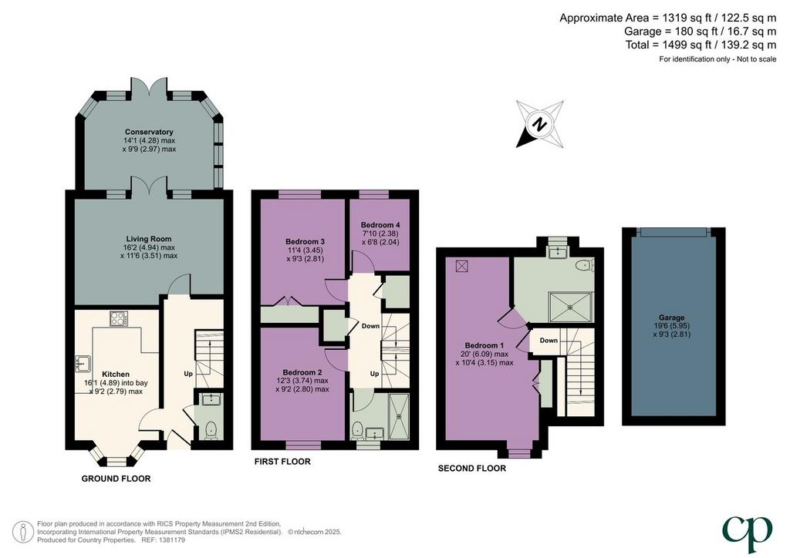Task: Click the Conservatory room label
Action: click(149, 132)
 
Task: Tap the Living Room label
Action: click(149, 239)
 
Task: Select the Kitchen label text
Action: click(116, 375)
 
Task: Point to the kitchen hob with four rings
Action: click(119, 318)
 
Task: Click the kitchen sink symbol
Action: click(82, 362)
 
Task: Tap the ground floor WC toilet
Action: click(211, 431)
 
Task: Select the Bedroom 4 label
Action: click(380, 225)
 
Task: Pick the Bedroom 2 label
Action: click(302, 372)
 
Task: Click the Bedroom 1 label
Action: click(484, 346)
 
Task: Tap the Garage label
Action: click(672, 318)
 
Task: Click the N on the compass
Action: click(540, 123)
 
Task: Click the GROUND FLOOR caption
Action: click(116, 479)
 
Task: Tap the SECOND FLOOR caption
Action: click(472, 469)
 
